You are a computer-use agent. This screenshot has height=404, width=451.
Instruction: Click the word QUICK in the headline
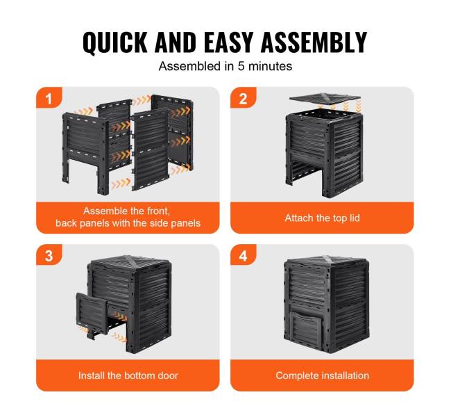point(115,42)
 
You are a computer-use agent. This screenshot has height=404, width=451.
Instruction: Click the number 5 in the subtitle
point(241,66)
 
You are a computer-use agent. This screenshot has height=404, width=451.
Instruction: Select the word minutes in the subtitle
point(270,66)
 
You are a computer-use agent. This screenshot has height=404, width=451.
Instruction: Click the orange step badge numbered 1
point(49,97)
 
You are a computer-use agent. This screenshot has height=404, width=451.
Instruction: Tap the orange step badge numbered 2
point(244,97)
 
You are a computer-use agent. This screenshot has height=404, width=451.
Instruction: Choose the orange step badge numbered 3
point(49,255)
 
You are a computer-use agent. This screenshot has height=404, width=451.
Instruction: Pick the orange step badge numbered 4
point(244,255)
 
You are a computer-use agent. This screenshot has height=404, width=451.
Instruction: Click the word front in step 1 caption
point(158,211)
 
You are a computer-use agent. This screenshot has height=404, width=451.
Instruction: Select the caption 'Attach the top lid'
point(322,218)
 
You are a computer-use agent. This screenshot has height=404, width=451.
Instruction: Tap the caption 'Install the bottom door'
point(128,375)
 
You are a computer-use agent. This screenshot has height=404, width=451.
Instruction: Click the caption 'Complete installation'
point(322,375)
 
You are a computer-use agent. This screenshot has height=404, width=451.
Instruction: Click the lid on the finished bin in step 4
point(326,261)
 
